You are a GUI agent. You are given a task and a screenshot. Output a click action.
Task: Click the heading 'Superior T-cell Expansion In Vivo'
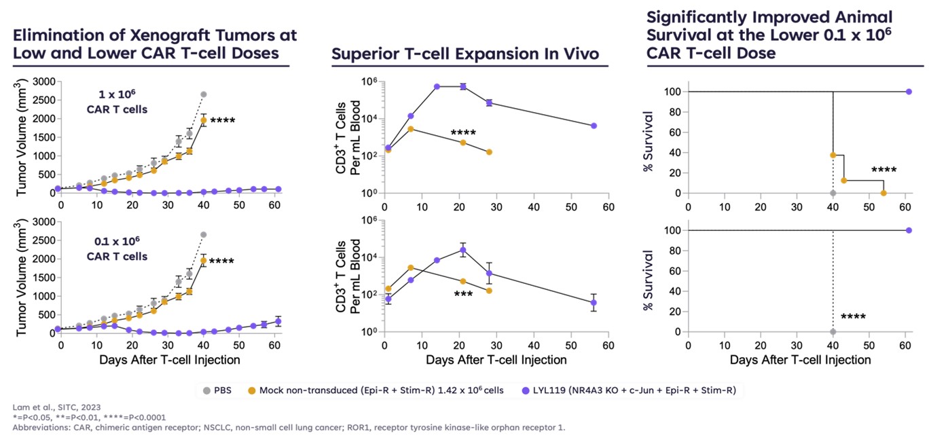(465, 54)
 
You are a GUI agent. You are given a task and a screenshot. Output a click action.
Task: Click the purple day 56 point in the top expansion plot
(594, 126)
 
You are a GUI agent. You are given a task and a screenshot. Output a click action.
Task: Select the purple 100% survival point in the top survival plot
(909, 92)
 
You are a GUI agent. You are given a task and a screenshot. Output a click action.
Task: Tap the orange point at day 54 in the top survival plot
(883, 193)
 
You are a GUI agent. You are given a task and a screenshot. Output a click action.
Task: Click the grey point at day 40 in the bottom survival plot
(833, 331)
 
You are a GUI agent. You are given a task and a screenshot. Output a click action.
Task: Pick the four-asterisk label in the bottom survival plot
(853, 317)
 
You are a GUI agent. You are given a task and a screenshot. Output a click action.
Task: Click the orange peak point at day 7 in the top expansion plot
(411, 128)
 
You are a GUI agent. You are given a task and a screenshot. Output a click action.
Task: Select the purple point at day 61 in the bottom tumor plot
(278, 321)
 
